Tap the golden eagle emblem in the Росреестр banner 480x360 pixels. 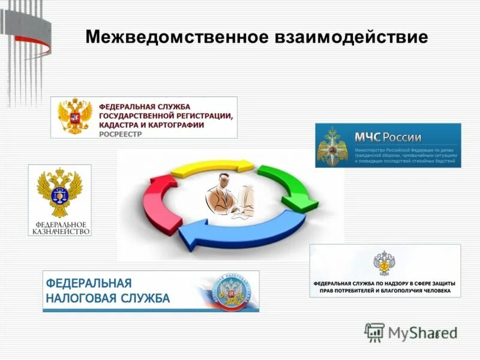tap(75, 116)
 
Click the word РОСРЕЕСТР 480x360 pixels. tap(120, 134)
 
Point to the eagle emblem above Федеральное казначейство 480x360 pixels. tap(59, 191)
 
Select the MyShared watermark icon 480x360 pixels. tap(374, 332)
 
